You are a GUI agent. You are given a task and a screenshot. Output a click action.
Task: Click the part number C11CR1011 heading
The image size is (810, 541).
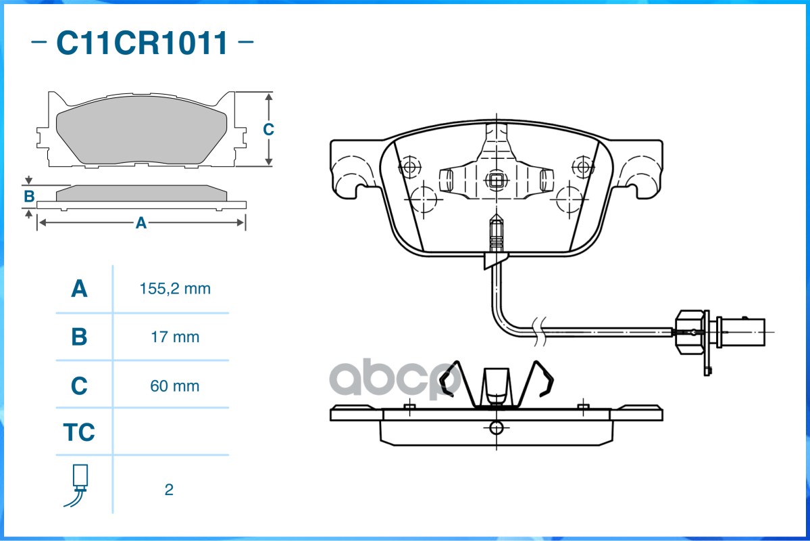point(142,43)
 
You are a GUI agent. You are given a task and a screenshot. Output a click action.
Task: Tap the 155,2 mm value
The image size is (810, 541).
point(175,289)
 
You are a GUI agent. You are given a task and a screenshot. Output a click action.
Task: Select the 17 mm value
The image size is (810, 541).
point(175,337)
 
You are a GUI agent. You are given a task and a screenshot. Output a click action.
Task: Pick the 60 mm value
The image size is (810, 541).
point(174,386)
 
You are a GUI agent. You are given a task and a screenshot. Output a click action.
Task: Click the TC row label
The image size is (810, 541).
point(79,432)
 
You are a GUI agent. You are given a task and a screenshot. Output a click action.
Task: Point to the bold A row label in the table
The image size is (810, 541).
point(79,289)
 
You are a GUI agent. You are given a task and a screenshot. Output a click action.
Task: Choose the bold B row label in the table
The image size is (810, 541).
point(79,337)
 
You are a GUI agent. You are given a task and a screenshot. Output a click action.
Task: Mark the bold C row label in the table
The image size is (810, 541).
point(79,386)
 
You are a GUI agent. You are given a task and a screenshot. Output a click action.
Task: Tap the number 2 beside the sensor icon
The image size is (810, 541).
point(169,490)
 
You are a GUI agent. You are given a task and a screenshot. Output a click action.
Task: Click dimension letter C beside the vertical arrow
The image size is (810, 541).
point(268,129)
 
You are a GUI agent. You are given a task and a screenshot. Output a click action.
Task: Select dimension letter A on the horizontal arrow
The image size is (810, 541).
point(141,223)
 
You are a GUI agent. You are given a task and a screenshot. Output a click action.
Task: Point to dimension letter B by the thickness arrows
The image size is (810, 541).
point(30,197)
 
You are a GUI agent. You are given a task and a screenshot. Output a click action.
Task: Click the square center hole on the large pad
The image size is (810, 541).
point(496,181)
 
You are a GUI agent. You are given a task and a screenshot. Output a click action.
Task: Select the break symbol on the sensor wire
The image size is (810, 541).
point(539,331)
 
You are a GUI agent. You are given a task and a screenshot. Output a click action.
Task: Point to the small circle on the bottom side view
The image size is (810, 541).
point(496,428)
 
